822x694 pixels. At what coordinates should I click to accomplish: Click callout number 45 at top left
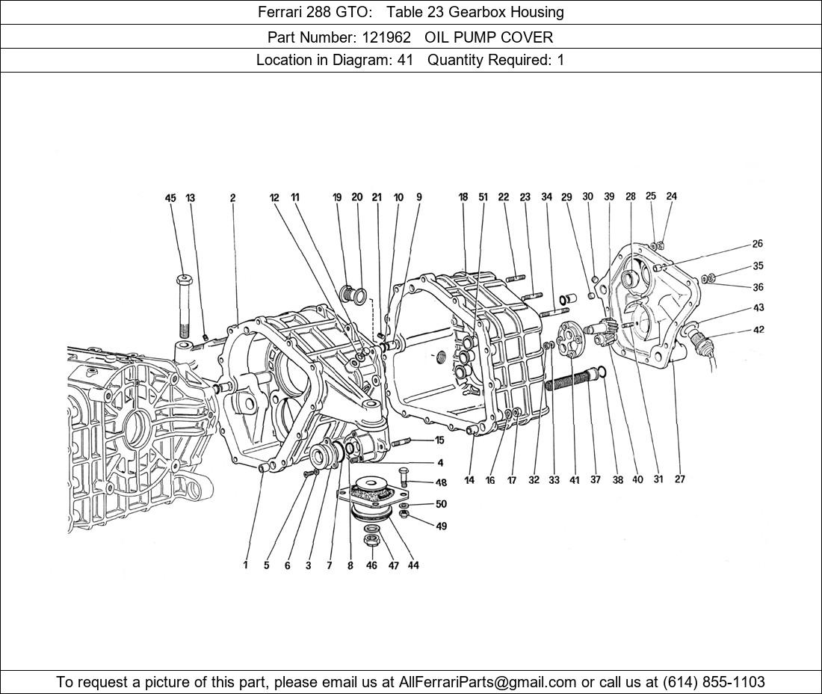170,198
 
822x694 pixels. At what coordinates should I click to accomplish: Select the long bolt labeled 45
185,307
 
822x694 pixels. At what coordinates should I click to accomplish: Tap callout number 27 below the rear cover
679,479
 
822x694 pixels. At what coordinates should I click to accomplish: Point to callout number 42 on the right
758,330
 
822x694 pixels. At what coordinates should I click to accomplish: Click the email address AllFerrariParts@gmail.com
488,682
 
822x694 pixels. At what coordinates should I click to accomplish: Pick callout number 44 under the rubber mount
413,565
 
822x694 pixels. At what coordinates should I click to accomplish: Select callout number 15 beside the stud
439,440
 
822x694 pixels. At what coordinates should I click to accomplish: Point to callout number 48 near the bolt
441,483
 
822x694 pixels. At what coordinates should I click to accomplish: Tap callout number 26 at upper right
758,244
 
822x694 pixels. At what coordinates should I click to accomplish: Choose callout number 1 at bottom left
245,565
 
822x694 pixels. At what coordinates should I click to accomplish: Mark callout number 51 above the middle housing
483,197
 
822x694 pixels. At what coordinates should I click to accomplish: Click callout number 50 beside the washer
441,505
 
